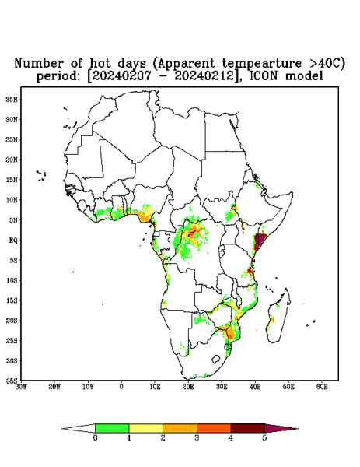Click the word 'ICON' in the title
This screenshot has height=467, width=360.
click(x=264, y=76)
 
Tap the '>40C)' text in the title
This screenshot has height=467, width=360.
click(x=323, y=63)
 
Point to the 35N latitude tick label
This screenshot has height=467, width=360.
click(x=12, y=99)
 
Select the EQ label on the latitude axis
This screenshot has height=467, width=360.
click(x=13, y=240)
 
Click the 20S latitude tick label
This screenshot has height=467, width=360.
click(x=12, y=321)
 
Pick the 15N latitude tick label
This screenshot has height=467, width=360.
click(x=12, y=180)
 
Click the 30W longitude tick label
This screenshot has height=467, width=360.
click(x=21, y=387)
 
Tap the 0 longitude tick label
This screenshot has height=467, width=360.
click(x=121, y=387)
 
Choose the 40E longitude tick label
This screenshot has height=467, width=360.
click(x=255, y=387)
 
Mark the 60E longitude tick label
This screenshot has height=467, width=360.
click(x=322, y=387)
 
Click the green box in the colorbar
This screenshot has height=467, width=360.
click(x=112, y=428)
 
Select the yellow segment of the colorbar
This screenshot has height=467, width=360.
click(x=145, y=428)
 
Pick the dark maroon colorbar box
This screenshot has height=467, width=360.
click(x=248, y=428)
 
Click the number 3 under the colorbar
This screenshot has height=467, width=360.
click(x=197, y=438)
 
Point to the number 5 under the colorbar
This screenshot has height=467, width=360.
click(x=264, y=438)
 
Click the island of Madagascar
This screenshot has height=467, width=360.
click(x=278, y=316)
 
